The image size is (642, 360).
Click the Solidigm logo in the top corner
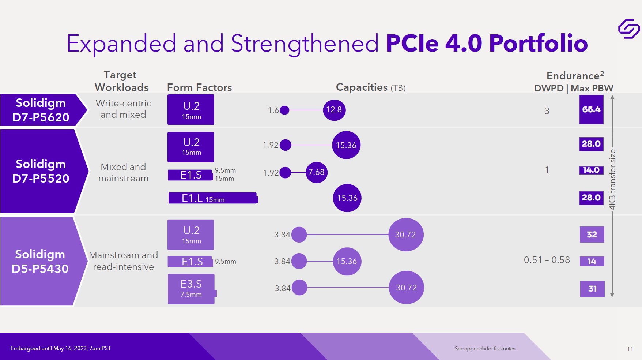click(629, 29)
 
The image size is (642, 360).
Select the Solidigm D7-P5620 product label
click(41, 110)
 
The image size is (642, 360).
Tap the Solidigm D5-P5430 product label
click(40, 262)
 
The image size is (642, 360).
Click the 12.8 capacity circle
click(334, 110)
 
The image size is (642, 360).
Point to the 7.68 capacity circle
click(316, 172)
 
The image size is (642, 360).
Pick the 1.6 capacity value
click(273, 110)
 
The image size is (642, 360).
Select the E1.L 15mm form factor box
click(213, 198)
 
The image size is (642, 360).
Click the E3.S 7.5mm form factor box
click(191, 289)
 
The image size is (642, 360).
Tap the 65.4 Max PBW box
click(591, 110)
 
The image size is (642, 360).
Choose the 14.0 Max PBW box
click(591, 170)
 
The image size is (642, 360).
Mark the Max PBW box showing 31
click(592, 289)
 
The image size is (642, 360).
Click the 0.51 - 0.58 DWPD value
click(547, 260)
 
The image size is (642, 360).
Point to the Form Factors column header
click(199, 88)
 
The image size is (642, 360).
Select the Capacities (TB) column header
click(371, 87)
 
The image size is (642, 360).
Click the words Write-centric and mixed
click(123, 109)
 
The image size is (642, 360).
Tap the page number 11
click(630, 349)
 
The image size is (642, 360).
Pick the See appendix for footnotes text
click(485, 349)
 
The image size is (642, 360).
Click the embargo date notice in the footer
click(60, 348)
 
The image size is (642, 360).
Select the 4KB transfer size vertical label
click(613, 179)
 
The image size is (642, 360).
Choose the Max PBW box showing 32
click(592, 235)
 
